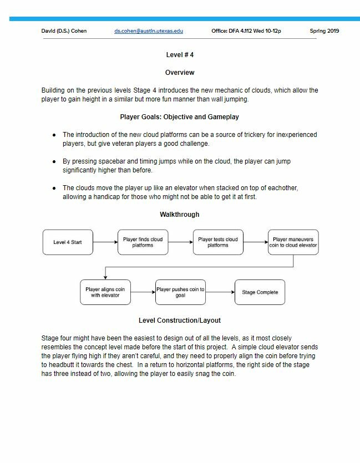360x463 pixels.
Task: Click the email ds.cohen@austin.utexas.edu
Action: pyautogui.click(x=148, y=31)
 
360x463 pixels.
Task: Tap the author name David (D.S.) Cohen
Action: pyautogui.click(x=64, y=31)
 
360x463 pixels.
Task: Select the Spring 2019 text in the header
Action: pyautogui.click(x=324, y=31)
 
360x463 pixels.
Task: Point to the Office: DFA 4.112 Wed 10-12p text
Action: pyautogui.click(x=246, y=31)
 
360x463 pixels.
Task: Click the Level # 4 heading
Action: pyautogui.click(x=180, y=55)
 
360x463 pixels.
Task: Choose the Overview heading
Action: pyautogui.click(x=180, y=73)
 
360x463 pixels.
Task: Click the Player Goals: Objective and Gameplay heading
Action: pyautogui.click(x=180, y=117)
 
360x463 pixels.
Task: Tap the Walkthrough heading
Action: pyautogui.click(x=180, y=215)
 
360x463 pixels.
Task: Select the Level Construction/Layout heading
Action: pyautogui.click(x=180, y=320)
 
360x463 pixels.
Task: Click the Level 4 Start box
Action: pyautogui.click(x=68, y=242)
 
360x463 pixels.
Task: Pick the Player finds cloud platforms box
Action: pyautogui.click(x=143, y=242)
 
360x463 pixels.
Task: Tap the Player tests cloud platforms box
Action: pyautogui.click(x=218, y=242)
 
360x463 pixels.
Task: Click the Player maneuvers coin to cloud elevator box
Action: pyautogui.click(x=293, y=242)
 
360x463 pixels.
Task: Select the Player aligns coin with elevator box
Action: pyautogui.click(x=105, y=292)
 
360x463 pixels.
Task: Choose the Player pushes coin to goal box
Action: pyautogui.click(x=180, y=292)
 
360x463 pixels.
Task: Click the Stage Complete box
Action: pyautogui.click(x=260, y=292)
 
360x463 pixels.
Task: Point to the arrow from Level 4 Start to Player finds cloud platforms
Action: pyautogui.click(x=105, y=242)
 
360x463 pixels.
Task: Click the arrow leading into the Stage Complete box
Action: pyautogui.click(x=220, y=292)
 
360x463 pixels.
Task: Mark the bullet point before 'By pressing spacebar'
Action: pyautogui.click(x=54, y=162)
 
